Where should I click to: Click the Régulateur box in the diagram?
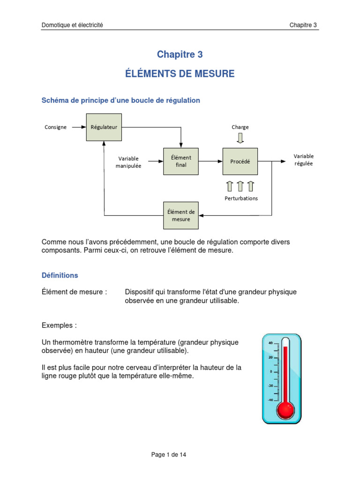tap(104, 127)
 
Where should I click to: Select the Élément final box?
tap(181, 161)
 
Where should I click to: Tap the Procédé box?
tap(240, 161)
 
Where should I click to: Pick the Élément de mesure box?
tap(181, 216)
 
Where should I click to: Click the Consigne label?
tap(55, 127)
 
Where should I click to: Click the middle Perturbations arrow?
tap(240, 186)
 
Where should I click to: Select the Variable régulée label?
tap(303, 160)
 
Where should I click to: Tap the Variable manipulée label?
tap(128, 162)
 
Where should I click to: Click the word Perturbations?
tap(241, 198)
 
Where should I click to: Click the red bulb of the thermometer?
tap(285, 410)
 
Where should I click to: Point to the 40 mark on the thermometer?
tap(270, 343)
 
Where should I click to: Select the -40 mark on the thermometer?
tap(270, 400)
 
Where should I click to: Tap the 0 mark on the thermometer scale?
tap(271, 371)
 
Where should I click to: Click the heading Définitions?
tap(60, 275)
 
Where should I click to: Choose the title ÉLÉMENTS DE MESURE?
tap(180, 74)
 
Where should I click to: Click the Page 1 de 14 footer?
tap(169, 455)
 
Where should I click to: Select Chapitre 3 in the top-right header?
tap(303, 25)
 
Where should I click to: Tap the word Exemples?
tap(57, 325)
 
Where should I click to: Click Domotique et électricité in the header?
tap(72, 25)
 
